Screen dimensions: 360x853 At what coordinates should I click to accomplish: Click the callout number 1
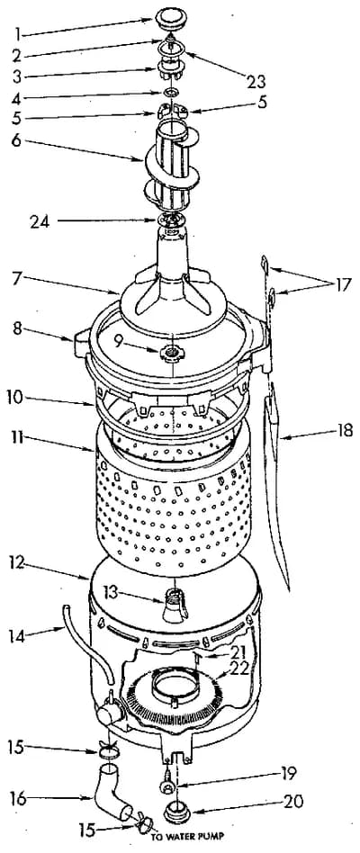click(17, 35)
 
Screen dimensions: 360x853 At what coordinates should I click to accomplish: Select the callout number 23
click(255, 82)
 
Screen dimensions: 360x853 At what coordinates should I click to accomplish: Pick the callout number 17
click(340, 285)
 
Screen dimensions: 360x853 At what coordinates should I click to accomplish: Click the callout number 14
click(17, 635)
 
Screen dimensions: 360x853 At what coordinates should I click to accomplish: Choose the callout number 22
click(238, 669)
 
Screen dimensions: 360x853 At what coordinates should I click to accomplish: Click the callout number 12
click(17, 564)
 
